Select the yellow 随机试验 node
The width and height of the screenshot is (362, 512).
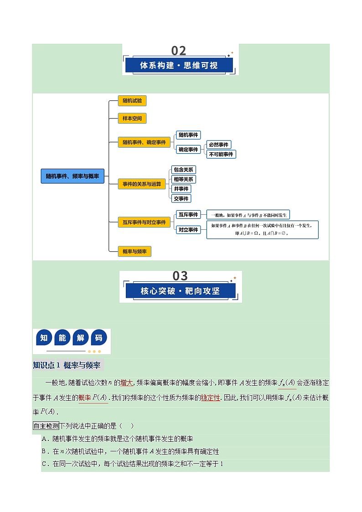tap(132, 101)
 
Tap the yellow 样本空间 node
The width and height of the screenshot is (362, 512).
tap(132, 119)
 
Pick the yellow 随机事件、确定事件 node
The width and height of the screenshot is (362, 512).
tap(144, 142)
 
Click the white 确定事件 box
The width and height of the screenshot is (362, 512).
tap(188, 149)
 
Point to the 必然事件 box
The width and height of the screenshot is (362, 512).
tap(218, 145)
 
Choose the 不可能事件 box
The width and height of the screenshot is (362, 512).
tap(221, 154)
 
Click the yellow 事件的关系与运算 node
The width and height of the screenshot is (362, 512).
tap(142, 184)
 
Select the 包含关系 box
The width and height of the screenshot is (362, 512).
tap(183, 170)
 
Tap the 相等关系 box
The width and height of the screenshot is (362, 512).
tap(183, 179)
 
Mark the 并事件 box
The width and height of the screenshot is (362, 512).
tap(181, 189)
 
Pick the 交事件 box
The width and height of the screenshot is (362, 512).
tap(181, 198)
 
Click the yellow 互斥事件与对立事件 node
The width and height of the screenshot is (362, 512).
tap(144, 222)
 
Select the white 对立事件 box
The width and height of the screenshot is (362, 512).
tap(188, 230)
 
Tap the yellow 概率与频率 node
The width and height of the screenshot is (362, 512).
tap(134, 251)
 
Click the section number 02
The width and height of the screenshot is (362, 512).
tap(179, 51)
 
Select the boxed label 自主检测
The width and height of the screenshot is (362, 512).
tap(46, 426)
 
